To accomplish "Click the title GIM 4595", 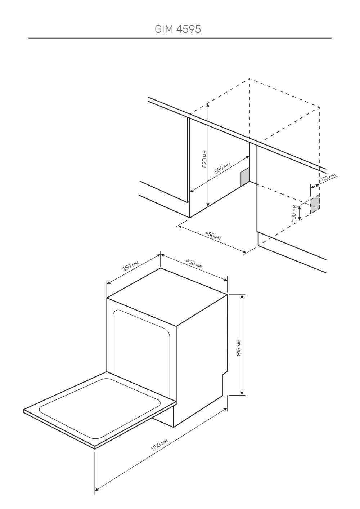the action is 178,29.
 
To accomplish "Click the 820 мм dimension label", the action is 204,159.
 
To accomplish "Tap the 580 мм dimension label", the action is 222,168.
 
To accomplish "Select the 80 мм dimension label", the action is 328,177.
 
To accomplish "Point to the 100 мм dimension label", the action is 294,213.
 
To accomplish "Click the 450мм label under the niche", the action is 213,235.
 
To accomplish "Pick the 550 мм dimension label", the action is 130,265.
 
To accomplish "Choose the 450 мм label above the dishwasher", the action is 194,264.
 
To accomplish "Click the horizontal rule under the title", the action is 180,38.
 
